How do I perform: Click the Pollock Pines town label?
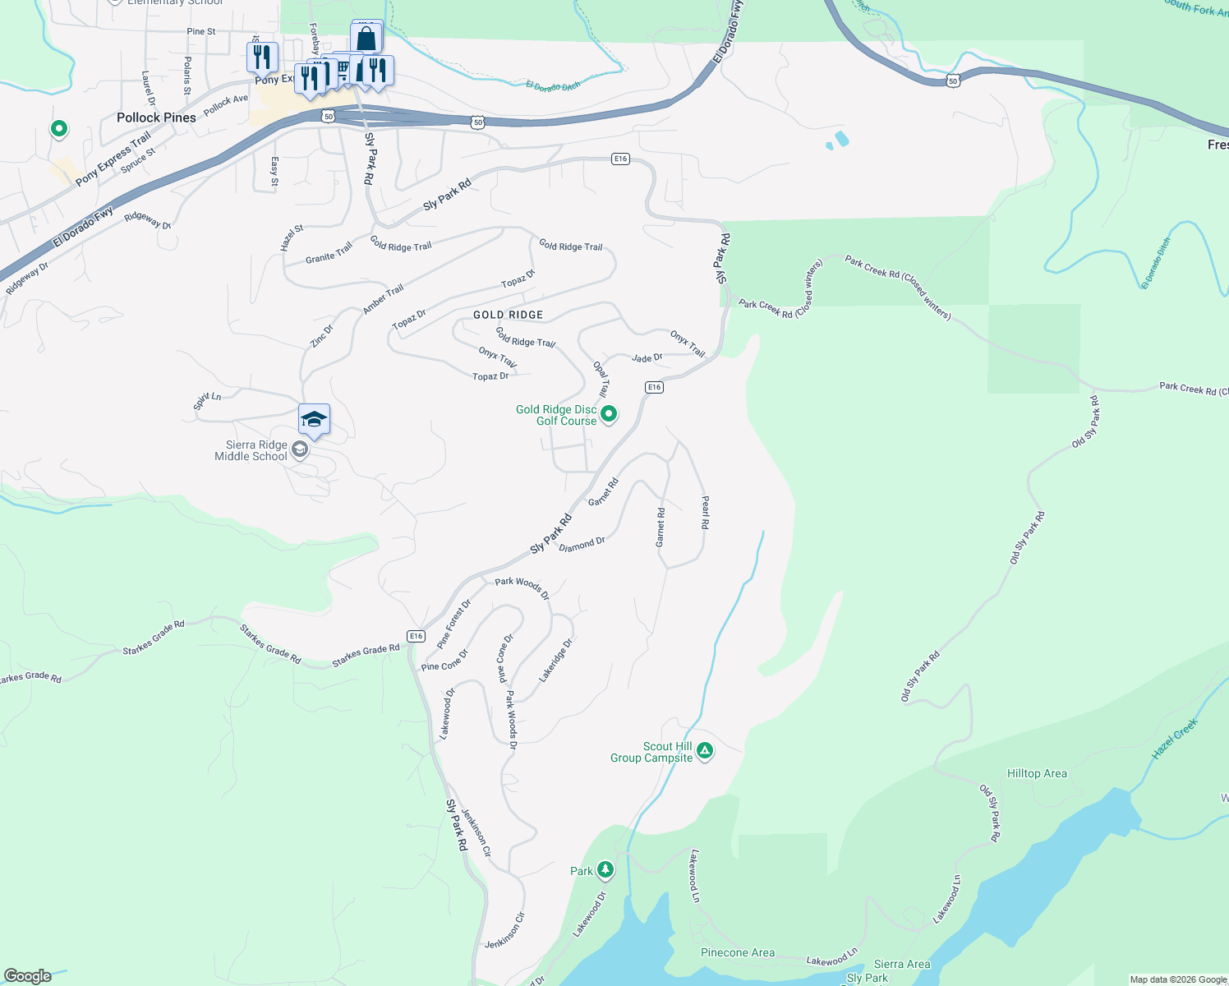(x=156, y=117)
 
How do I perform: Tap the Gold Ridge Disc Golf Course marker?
(x=609, y=414)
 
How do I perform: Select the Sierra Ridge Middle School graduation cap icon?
(x=314, y=420)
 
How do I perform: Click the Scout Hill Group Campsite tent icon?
(x=705, y=750)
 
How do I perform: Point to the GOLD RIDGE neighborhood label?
(x=508, y=315)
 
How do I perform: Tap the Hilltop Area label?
(x=1037, y=773)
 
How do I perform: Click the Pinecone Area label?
(x=737, y=952)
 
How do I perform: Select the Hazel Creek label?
(x=1174, y=739)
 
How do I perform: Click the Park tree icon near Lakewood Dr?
(x=605, y=869)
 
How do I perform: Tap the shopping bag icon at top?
(x=366, y=39)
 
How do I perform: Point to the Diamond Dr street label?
(x=582, y=544)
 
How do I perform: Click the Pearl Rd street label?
(x=705, y=511)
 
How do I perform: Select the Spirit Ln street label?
(x=207, y=401)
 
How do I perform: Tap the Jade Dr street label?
(x=647, y=358)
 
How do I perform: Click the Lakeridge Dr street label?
(x=555, y=661)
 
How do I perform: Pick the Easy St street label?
(x=274, y=171)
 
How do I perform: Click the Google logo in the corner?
(x=28, y=976)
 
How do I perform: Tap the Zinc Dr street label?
(x=322, y=335)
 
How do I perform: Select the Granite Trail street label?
(x=329, y=253)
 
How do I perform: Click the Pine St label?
(x=201, y=31)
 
